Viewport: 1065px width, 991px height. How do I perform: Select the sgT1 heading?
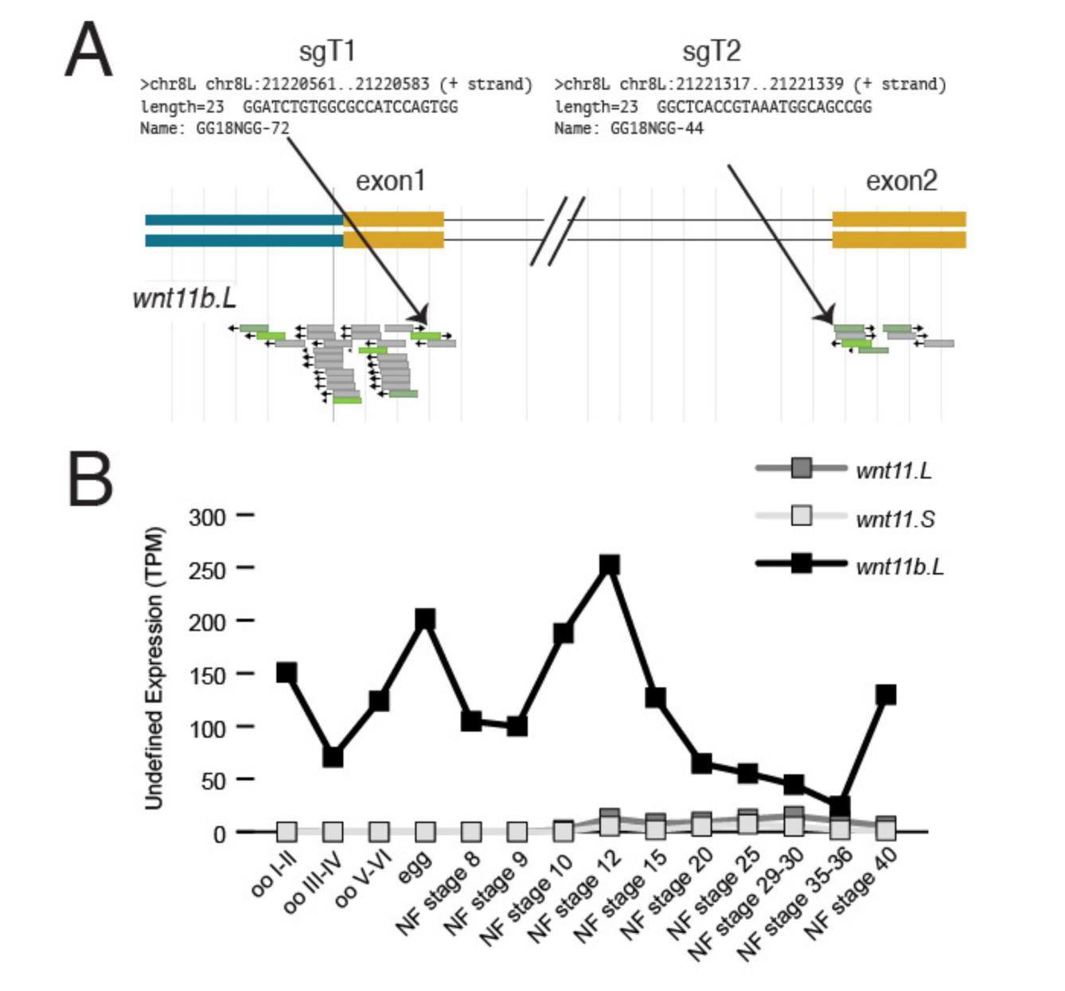(x=326, y=52)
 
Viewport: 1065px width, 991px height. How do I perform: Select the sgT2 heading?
(x=711, y=52)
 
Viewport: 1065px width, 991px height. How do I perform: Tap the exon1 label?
(x=390, y=181)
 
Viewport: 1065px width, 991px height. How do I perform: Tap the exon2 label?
(x=901, y=181)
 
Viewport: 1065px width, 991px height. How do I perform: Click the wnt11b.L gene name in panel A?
(x=184, y=298)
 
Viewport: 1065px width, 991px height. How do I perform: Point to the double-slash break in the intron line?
(x=557, y=231)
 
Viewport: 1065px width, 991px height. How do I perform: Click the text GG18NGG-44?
(x=657, y=128)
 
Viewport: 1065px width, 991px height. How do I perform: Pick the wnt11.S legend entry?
(x=895, y=519)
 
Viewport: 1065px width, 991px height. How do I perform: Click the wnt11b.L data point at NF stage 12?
(x=610, y=565)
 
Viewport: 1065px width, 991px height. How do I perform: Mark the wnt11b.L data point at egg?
(x=425, y=619)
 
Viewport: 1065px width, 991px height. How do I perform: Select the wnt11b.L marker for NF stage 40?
(x=885, y=695)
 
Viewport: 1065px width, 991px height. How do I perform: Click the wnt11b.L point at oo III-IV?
(x=333, y=756)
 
